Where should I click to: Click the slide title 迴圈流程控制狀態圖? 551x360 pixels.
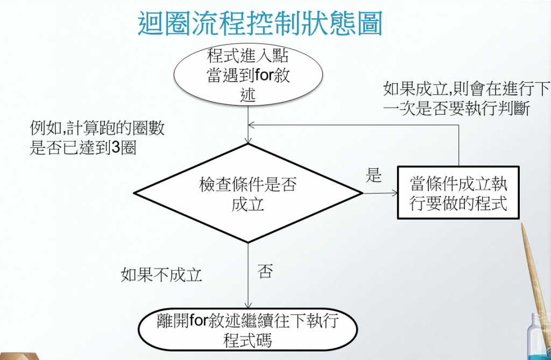(x=260, y=23)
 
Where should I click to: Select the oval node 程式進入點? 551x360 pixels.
(x=248, y=75)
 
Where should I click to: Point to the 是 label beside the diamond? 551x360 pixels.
(x=373, y=175)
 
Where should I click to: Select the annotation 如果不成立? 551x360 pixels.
(x=161, y=275)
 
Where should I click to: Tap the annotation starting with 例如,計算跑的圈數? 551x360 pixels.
(x=97, y=138)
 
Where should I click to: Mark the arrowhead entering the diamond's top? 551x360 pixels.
(x=248, y=141)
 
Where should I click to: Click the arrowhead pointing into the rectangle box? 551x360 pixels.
(x=393, y=192)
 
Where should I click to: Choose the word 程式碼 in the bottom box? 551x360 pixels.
(x=248, y=341)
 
